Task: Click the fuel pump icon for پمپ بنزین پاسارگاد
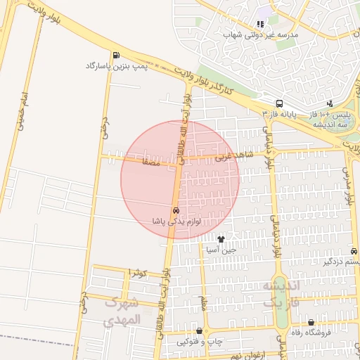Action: tap(115, 56)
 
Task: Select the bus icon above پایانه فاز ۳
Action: tap(280, 103)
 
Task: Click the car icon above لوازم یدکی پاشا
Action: tap(175, 210)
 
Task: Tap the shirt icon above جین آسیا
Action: tap(221, 239)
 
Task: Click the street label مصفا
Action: tap(150, 162)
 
